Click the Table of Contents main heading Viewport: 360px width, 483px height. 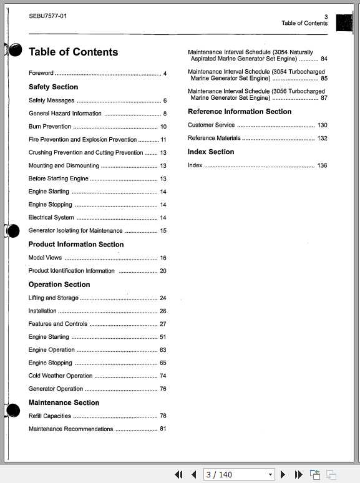click(73, 52)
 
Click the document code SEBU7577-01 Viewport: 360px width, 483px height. click(48, 16)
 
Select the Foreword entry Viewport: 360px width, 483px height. click(41, 74)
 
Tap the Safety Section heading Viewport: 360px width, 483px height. click(53, 87)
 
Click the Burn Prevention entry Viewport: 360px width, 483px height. click(50, 127)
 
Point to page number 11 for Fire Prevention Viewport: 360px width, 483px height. click(163, 140)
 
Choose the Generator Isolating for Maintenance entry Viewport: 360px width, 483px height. click(75, 231)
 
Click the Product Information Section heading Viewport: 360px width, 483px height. click(76, 245)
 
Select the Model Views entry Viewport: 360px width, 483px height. click(45, 258)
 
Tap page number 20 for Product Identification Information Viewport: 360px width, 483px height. click(163, 271)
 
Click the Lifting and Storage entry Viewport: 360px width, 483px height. click(54, 298)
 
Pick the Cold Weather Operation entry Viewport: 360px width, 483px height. click(61, 376)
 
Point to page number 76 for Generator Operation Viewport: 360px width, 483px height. click(163, 389)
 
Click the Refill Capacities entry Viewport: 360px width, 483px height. click(50, 416)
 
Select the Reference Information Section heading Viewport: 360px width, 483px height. click(240, 112)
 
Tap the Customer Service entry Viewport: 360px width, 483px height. click(212, 125)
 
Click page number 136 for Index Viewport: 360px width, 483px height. click(322, 165)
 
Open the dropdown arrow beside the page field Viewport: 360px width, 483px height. click(270, 475)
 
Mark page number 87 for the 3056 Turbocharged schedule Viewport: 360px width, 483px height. click(324, 98)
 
